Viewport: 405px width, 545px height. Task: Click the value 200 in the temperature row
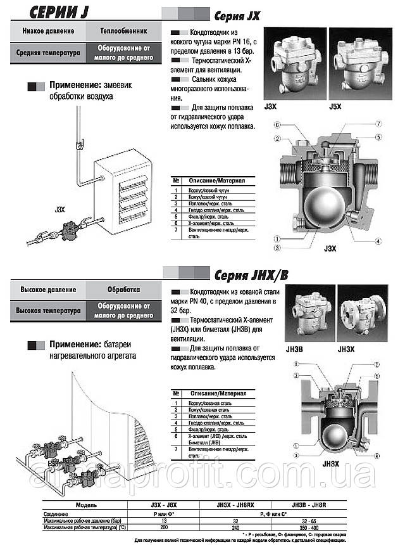[164, 527]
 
